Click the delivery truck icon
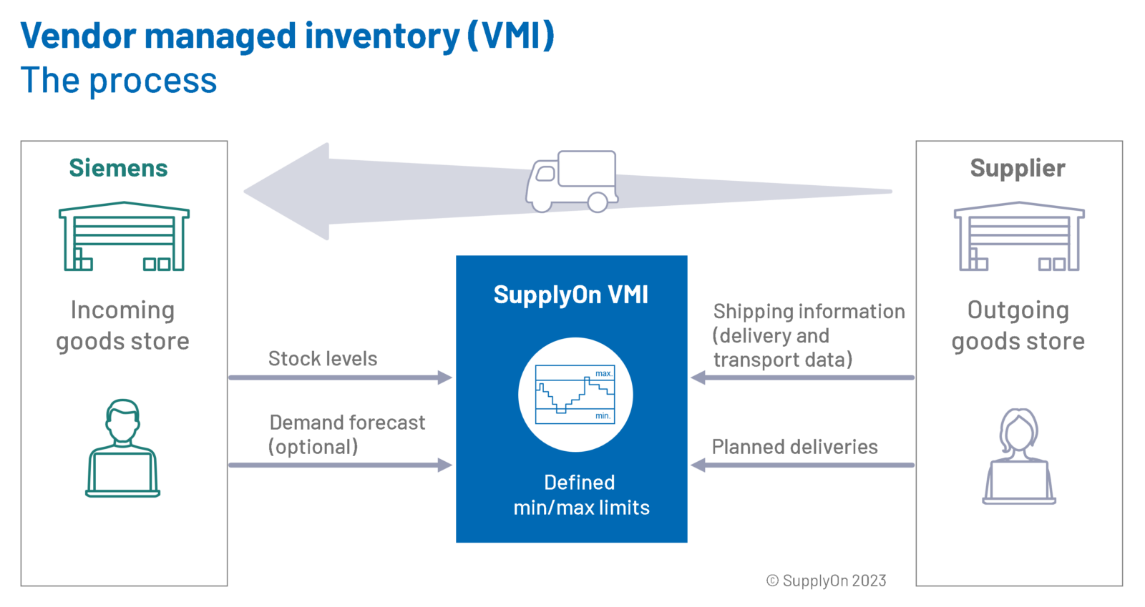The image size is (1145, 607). tap(572, 182)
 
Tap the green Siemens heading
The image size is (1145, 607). tap(118, 168)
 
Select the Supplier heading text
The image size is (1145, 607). tap(1017, 168)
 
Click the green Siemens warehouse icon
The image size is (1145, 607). tap(124, 237)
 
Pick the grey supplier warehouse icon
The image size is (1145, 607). tap(1019, 237)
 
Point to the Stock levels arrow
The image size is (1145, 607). tap(340, 377)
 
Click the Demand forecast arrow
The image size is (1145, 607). tap(340, 465)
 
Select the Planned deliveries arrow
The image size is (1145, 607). tap(801, 465)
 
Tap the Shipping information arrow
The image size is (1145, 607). tap(801, 377)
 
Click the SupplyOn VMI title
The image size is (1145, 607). tap(570, 295)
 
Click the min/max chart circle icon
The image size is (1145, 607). tap(575, 395)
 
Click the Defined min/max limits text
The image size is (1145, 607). tap(580, 495)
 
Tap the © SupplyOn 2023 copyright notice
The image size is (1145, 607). tap(826, 581)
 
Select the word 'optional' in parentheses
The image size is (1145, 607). tap(313, 447)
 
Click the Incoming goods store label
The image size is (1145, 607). tap(122, 325)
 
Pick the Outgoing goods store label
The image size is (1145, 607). tap(1018, 325)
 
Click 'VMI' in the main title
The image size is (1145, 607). tap(511, 36)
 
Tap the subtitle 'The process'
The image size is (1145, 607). tap(119, 80)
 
